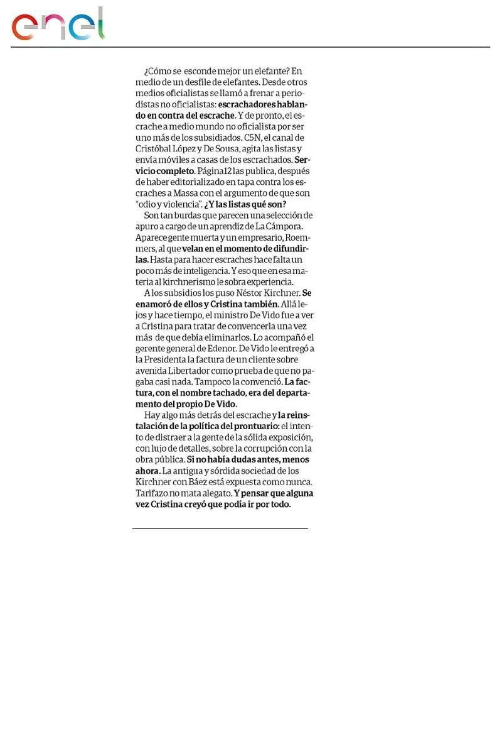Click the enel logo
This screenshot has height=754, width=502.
[x=58, y=25]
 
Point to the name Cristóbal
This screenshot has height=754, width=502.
[x=155, y=149]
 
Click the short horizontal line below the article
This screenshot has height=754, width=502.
[x=220, y=528]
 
